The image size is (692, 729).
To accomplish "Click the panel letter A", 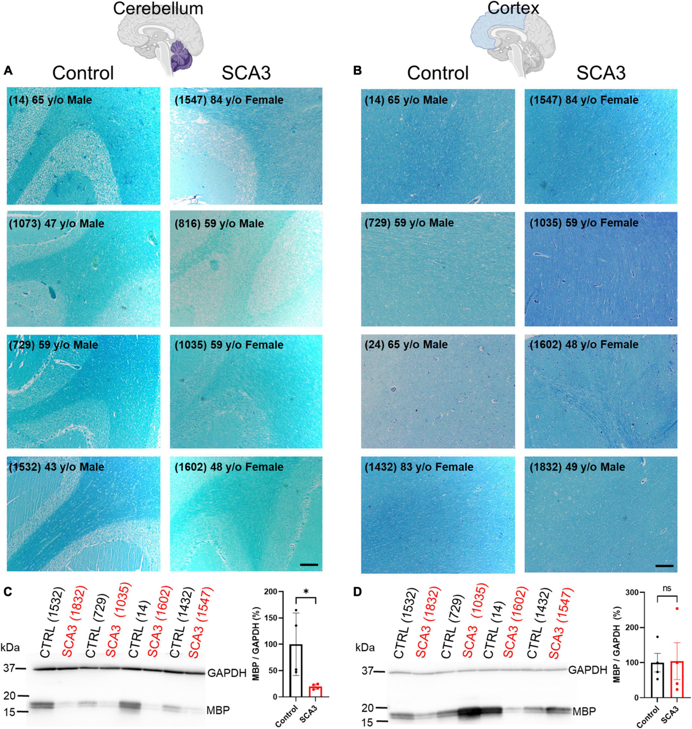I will (8, 72).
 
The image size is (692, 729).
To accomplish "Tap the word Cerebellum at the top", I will (158, 9).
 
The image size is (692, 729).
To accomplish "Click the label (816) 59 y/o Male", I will (219, 223).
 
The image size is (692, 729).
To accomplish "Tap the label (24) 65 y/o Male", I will (406, 344).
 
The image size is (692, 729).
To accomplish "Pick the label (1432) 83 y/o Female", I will (419, 467).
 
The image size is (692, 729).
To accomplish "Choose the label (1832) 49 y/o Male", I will (577, 467).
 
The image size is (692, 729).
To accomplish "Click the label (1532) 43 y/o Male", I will (57, 467).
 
